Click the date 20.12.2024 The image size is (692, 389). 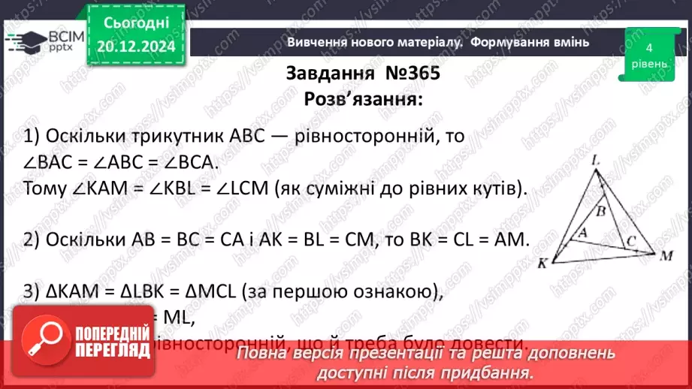tap(136, 46)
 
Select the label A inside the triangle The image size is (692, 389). tap(581, 234)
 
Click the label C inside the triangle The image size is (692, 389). tap(631, 241)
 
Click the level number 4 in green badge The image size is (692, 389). tap(648, 47)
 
